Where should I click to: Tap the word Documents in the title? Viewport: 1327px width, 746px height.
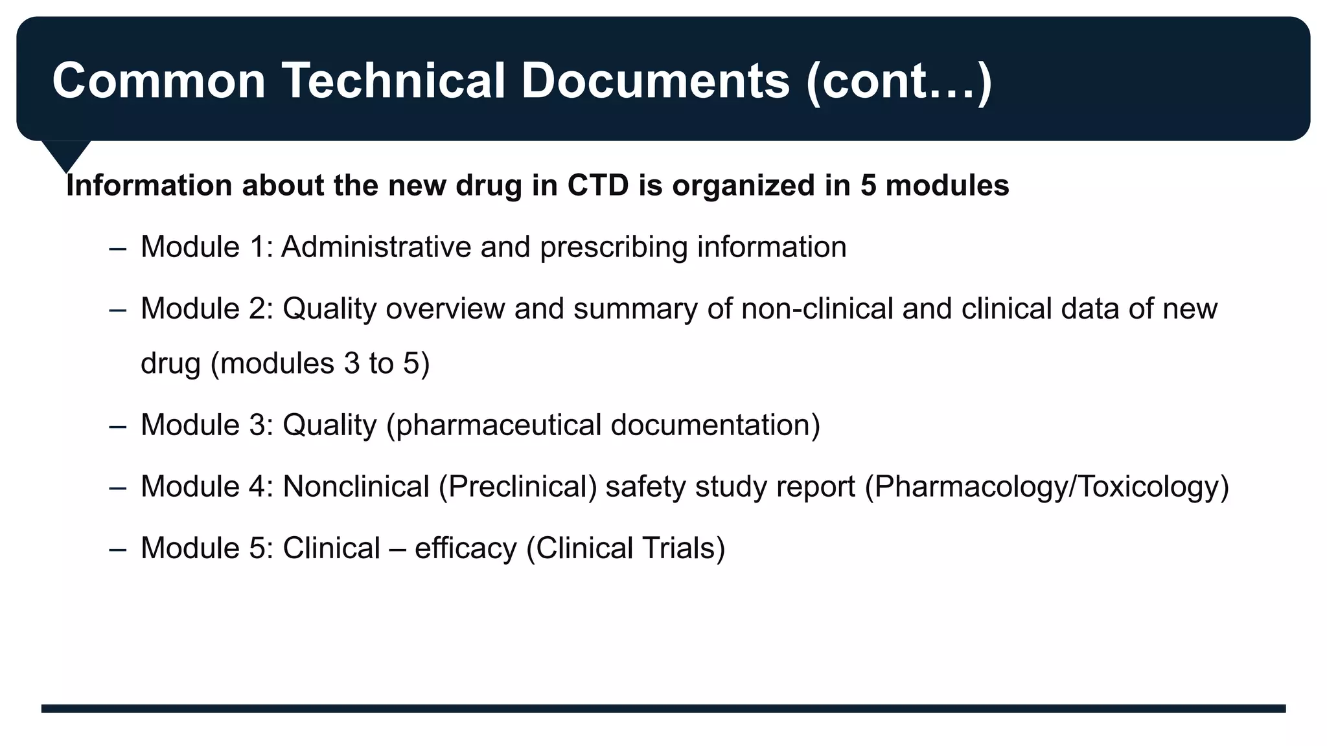655,81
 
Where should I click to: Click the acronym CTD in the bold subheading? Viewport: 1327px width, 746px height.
597,186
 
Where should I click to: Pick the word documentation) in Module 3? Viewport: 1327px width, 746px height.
715,425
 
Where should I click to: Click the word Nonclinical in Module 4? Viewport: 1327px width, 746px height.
356,486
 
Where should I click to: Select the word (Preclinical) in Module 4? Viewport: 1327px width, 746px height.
517,487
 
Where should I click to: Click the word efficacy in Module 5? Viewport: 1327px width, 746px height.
465,548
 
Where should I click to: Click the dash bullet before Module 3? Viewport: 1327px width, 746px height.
118,427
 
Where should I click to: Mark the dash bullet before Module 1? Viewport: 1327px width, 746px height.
118,248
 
